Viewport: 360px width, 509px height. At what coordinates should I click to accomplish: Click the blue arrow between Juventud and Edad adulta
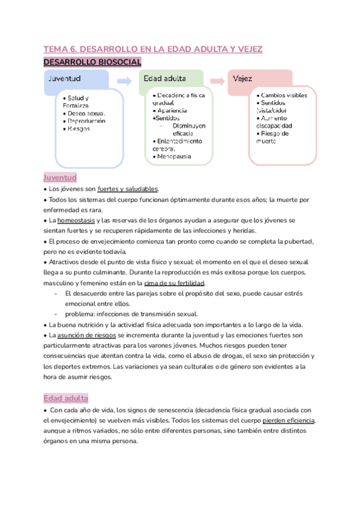point(124,80)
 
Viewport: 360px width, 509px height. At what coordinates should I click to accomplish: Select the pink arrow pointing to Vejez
point(220,80)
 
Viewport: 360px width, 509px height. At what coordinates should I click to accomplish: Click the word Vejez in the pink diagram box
point(243,79)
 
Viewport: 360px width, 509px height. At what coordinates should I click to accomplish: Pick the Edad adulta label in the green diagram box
point(164,79)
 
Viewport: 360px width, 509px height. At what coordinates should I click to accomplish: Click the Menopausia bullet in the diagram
point(172,156)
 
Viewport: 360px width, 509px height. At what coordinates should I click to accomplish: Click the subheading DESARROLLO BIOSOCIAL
point(92,62)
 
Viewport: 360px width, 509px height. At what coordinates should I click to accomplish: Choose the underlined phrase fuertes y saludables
point(128,189)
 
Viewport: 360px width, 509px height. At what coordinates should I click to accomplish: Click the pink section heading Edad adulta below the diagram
point(66,399)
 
